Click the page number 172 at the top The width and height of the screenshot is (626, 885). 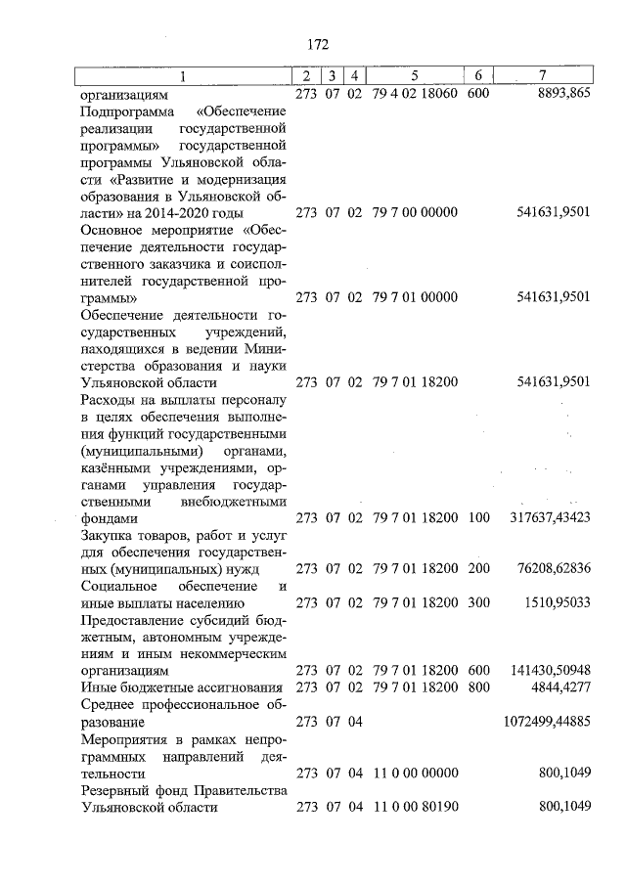[x=317, y=45]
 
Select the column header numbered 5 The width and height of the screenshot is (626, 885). [x=415, y=76]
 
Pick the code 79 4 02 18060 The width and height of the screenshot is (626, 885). [x=416, y=96]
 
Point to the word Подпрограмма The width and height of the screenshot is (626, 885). [x=121, y=112]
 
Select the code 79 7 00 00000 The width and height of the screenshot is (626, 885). [x=416, y=213]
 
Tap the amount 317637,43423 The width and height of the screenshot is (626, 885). [x=550, y=517]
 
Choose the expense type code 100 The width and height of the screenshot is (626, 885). [x=478, y=517]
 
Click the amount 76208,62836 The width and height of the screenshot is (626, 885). [x=553, y=568]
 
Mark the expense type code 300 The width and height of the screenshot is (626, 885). [x=478, y=602]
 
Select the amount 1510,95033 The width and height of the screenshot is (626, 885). [x=557, y=602]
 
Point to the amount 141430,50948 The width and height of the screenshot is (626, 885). [x=550, y=670]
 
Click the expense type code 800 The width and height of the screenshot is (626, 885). [x=478, y=687]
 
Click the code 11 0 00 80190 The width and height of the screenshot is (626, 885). [x=416, y=807]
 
